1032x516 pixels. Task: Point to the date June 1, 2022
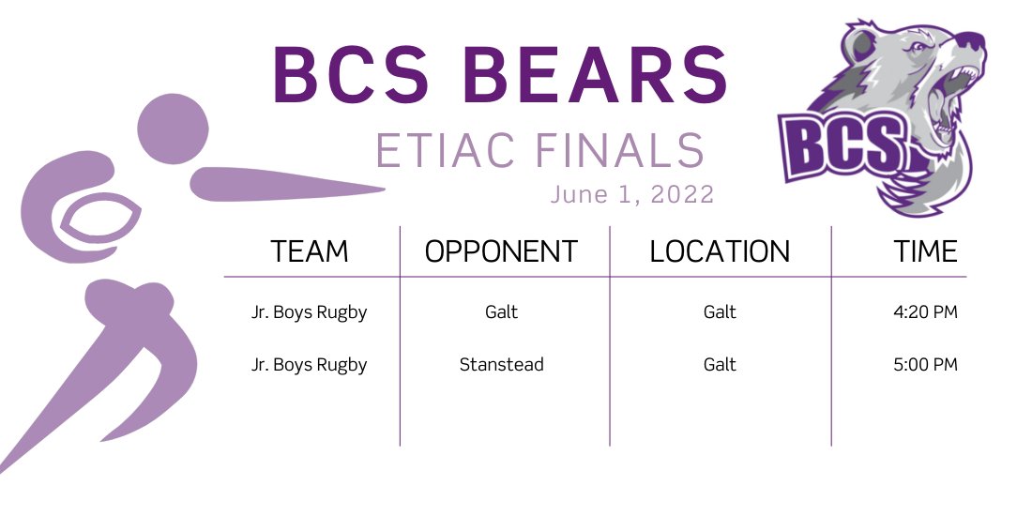(632, 194)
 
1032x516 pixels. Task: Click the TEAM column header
(310, 251)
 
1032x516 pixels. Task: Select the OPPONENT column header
(502, 251)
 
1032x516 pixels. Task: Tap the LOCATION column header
(720, 251)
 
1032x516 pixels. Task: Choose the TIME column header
(925, 251)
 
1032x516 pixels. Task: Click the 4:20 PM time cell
(925, 312)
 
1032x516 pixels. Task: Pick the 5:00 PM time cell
(925, 365)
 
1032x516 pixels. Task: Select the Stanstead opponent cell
(502, 365)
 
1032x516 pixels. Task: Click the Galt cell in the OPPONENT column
(502, 312)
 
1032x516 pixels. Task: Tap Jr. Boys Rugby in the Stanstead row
(310, 365)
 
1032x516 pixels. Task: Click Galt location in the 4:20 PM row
(720, 312)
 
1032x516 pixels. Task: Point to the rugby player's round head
(173, 128)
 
